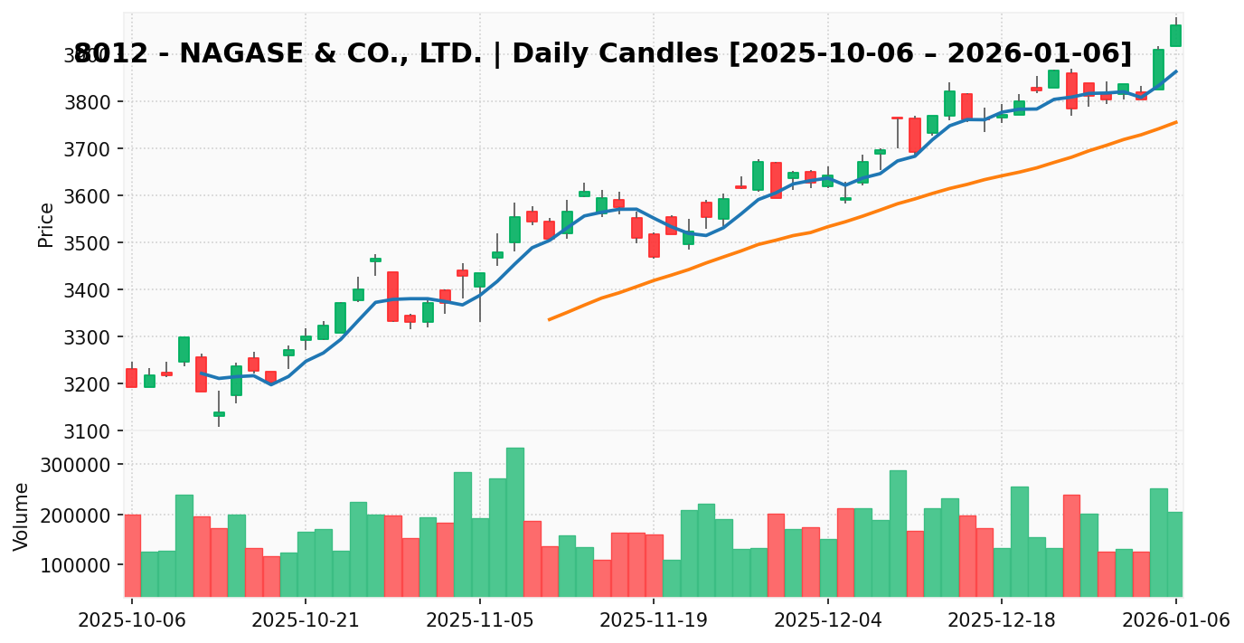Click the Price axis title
point(46,225)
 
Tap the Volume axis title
point(22,516)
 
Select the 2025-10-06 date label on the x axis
point(132,620)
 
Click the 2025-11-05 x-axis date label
point(480,620)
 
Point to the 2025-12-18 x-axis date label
point(1002,620)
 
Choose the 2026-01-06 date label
point(1175,620)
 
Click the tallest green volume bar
point(515,522)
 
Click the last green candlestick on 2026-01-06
point(1175,35)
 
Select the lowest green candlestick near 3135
point(219,414)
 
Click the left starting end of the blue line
point(202,373)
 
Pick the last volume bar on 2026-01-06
point(1175,553)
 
